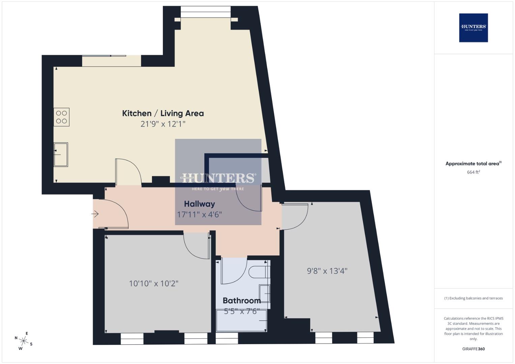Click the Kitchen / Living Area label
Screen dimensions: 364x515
pos(163,113)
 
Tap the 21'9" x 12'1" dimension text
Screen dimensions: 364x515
pos(163,124)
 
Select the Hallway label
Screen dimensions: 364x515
pos(199,204)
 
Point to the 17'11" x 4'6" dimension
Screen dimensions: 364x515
pos(199,214)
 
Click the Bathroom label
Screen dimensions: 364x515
pos(241,301)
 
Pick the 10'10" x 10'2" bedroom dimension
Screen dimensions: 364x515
pos(153,283)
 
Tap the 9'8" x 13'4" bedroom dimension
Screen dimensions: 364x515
pos(327,271)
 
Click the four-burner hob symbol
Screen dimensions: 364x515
pos(61,117)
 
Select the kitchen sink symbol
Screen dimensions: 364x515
pos(61,154)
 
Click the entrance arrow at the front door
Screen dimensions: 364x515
pos(95,214)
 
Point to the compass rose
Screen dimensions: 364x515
pos(24,341)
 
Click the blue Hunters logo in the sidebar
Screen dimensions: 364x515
pos(473,28)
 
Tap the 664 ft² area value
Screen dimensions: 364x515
pos(473,172)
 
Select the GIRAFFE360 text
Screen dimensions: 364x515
pos(473,349)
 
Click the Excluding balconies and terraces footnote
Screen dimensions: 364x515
pos(473,298)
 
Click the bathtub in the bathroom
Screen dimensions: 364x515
pos(241,321)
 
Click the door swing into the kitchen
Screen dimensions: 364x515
pos(128,172)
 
